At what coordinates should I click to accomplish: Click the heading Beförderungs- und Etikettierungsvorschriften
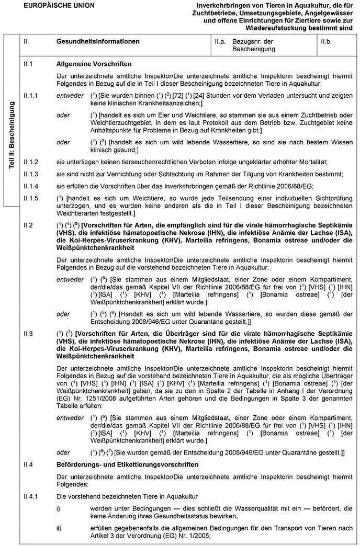tap(127, 464)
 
